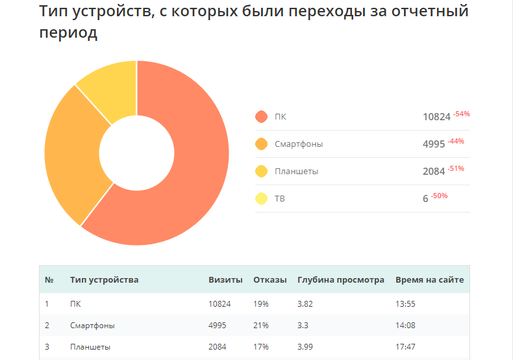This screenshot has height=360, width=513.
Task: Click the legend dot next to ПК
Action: pyautogui.click(x=262, y=117)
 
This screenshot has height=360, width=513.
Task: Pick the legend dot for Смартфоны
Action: pyautogui.click(x=262, y=144)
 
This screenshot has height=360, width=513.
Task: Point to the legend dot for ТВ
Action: pyautogui.click(x=262, y=199)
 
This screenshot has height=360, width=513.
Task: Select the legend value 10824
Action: pyautogui.click(x=436, y=117)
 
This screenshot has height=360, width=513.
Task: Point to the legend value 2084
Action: pyautogui.click(x=433, y=172)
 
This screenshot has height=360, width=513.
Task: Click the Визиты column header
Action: pyautogui.click(x=225, y=280)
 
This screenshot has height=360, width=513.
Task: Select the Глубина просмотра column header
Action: pyautogui.click(x=340, y=280)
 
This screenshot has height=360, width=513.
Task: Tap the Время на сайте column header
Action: pyautogui.click(x=429, y=280)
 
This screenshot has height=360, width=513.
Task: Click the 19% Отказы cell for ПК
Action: pyautogui.click(x=260, y=303)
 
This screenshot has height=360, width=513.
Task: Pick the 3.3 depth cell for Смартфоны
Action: pyautogui.click(x=303, y=325)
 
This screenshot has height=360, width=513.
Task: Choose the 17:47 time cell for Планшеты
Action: pyautogui.click(x=405, y=347)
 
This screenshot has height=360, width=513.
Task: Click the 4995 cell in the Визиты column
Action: pyautogui.click(x=218, y=325)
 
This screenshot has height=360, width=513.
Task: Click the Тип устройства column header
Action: pyautogui.click(x=104, y=280)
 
